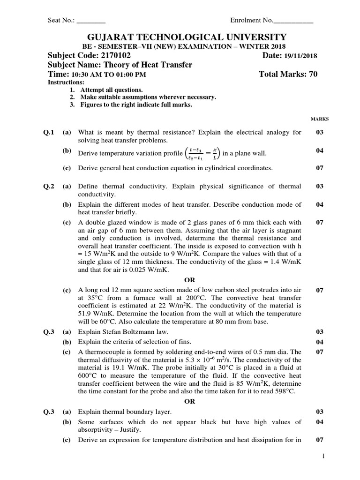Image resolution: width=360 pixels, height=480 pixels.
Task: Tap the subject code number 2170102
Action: coord(112,56)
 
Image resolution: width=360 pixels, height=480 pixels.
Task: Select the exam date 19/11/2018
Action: coord(300,56)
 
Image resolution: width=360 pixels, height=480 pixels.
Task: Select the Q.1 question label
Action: coord(49,132)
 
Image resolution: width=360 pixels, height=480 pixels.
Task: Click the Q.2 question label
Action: coord(49,186)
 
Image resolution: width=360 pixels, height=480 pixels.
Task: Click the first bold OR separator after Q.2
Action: coord(189,280)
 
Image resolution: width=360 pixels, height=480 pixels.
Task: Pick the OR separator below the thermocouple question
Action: coord(189,401)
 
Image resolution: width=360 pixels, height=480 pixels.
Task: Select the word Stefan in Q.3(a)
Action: coord(112,332)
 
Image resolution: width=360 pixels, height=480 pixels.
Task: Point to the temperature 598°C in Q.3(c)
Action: coord(284,391)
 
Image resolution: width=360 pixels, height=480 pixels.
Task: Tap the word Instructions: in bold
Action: coord(65,82)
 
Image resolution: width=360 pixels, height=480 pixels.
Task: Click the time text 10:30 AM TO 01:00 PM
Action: coord(109,75)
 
